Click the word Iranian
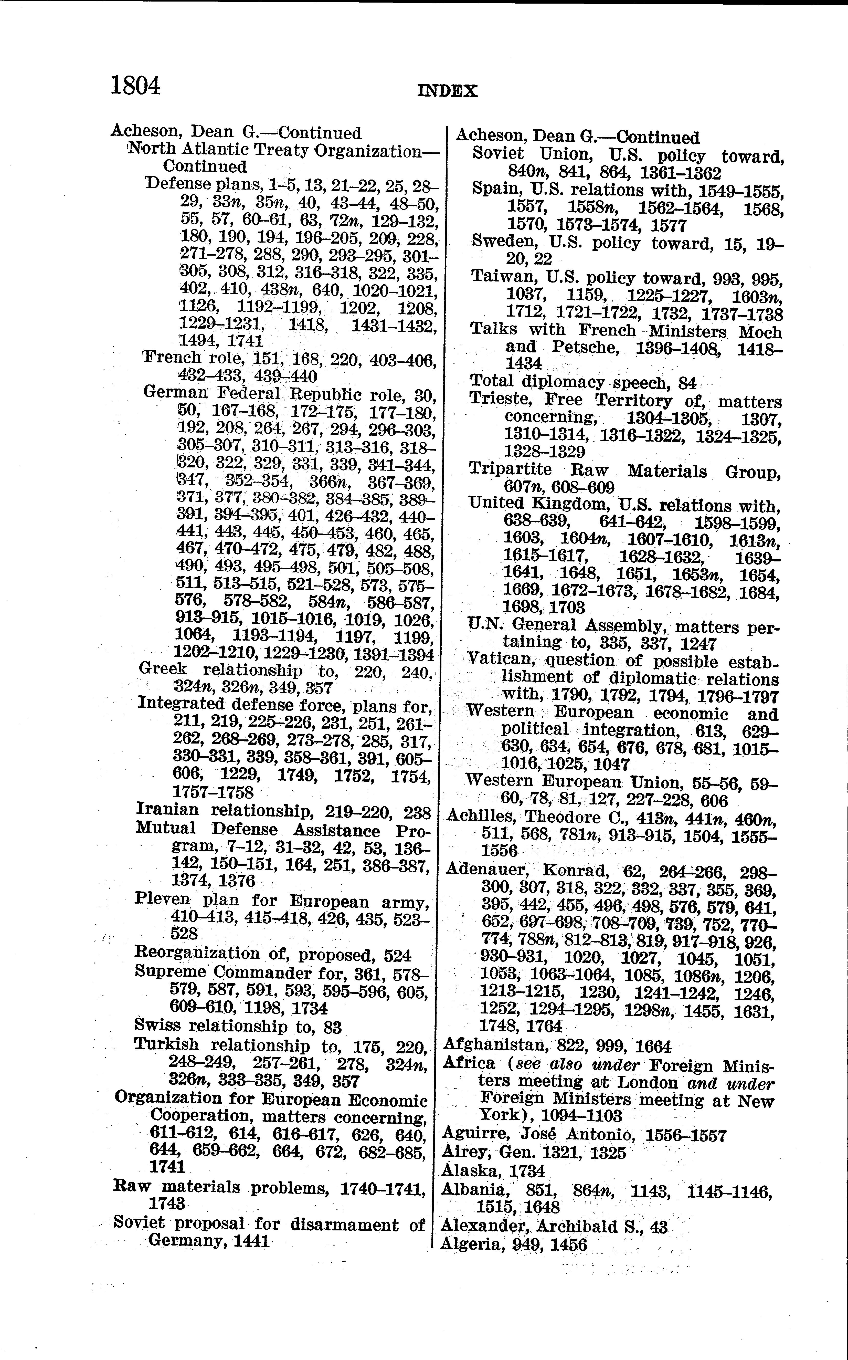(167, 810)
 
